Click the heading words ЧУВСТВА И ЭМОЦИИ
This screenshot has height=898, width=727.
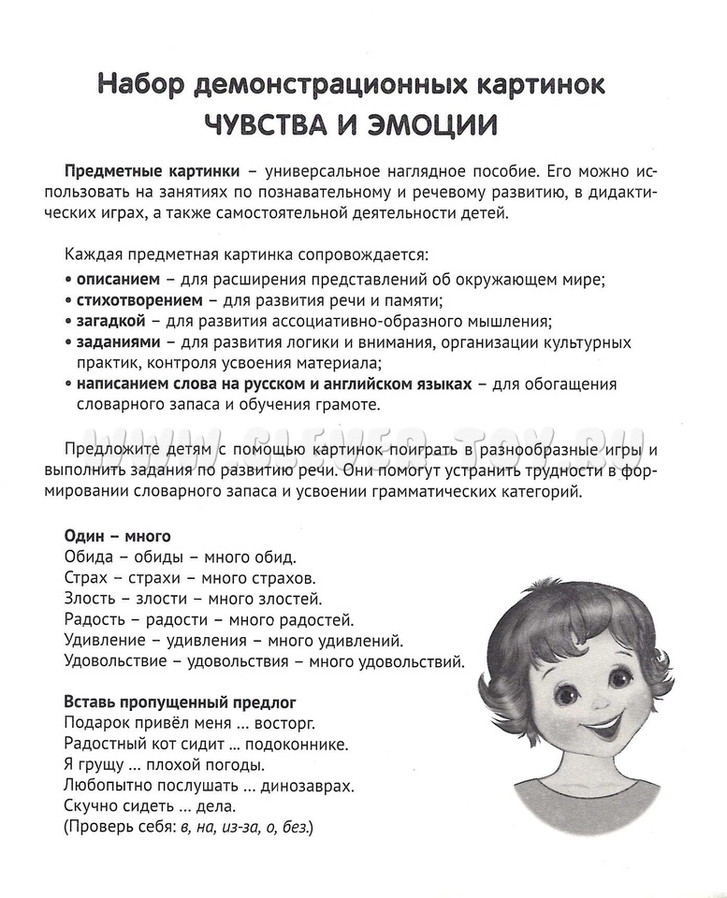(x=351, y=123)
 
